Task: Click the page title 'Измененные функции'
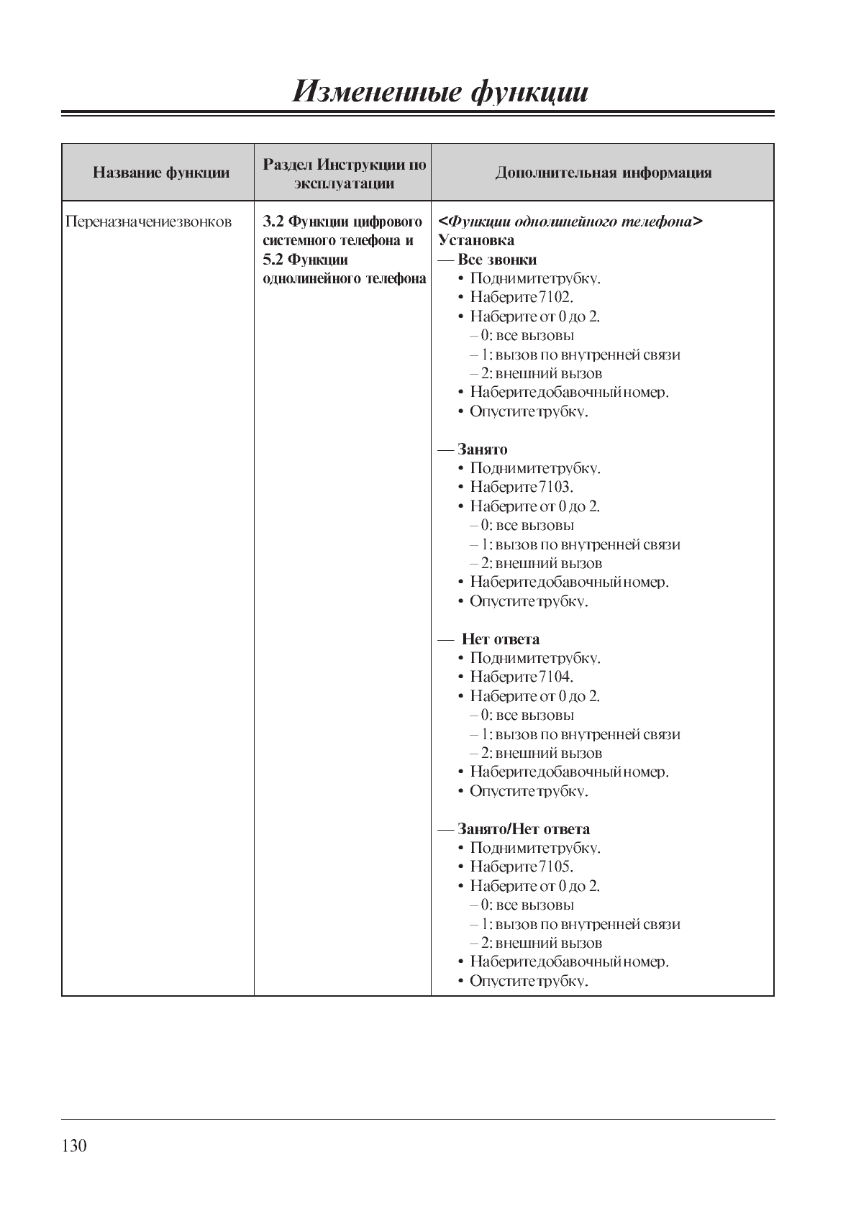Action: (440, 92)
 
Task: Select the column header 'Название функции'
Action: (161, 173)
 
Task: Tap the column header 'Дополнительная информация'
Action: (603, 173)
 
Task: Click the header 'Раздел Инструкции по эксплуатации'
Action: (344, 173)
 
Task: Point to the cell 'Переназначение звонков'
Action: (149, 221)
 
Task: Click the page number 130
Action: (74, 1146)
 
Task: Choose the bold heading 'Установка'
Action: (476, 240)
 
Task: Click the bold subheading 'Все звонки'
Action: (497, 260)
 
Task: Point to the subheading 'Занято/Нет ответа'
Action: (524, 829)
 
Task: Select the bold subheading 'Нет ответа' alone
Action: (501, 639)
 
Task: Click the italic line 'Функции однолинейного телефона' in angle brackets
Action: (570, 221)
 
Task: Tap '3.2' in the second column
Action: (273, 221)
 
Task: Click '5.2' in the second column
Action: (273, 260)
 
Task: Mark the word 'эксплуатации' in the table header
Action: (344, 183)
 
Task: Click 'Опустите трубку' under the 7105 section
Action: (529, 981)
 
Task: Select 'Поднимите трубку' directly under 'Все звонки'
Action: (535, 278)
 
